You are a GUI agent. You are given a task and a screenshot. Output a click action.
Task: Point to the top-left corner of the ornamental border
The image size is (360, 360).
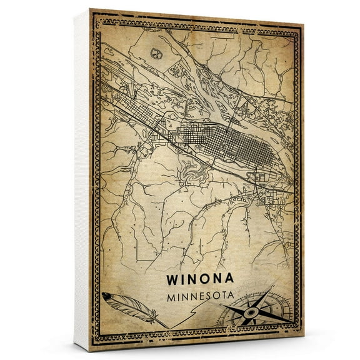coord(94,16)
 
